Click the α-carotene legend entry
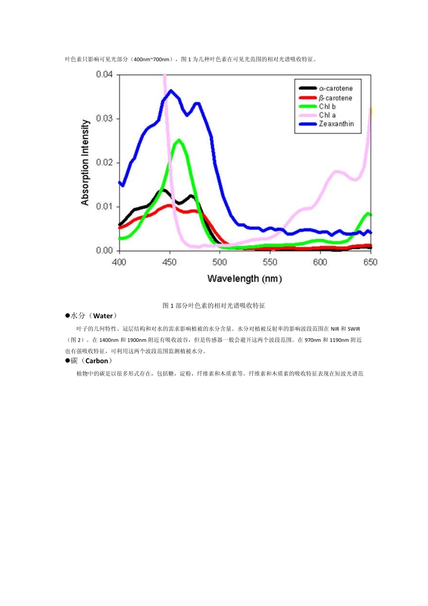click(x=336, y=88)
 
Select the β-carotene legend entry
click(x=336, y=98)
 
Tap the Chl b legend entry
click(x=327, y=106)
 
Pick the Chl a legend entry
click(x=327, y=115)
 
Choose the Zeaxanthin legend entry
click(x=336, y=124)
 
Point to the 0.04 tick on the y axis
click(x=104, y=74)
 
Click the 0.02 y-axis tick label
click(x=104, y=162)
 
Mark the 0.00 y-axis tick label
click(x=104, y=250)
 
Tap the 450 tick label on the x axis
click(x=169, y=262)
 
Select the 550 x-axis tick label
click(x=270, y=262)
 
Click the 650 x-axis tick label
click(x=370, y=262)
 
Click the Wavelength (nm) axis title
click(x=245, y=279)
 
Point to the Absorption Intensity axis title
click(x=85, y=162)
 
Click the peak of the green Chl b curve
click(x=179, y=140)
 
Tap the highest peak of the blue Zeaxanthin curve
click(x=171, y=91)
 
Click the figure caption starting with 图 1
click(x=214, y=306)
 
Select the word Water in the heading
click(x=103, y=316)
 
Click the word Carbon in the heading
click(x=97, y=361)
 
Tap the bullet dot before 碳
click(x=68, y=361)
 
